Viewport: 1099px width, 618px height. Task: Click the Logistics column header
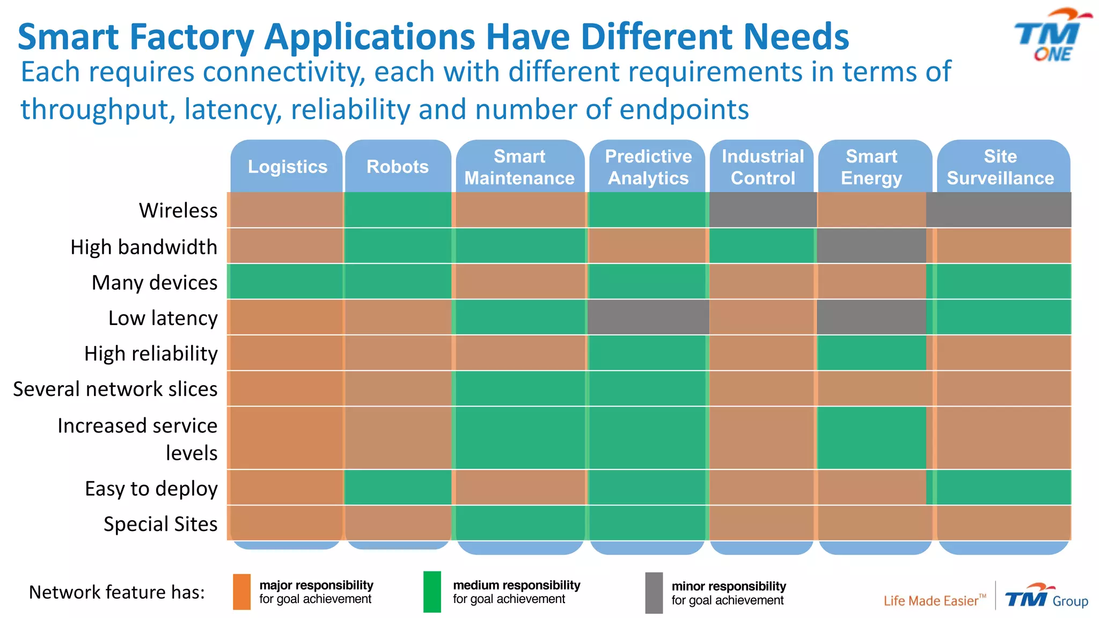pos(287,167)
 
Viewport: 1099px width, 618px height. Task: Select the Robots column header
pos(398,167)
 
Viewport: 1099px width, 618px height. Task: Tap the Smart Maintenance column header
pos(519,167)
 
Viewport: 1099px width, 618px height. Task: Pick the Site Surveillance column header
pos(1000,167)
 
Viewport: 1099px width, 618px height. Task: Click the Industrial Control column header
pos(763,167)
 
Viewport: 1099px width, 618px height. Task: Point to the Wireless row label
pos(178,210)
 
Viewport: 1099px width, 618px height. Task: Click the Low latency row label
pos(163,318)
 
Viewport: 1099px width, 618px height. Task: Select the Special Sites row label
pos(160,524)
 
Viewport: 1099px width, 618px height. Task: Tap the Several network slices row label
pos(115,389)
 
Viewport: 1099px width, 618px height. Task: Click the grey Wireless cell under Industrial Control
pos(763,210)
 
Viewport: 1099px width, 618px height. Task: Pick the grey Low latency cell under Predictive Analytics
pos(648,317)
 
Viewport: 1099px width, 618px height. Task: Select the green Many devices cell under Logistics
pos(285,281)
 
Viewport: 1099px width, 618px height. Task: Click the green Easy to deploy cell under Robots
pos(398,487)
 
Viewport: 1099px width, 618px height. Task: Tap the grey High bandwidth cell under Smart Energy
pos(871,246)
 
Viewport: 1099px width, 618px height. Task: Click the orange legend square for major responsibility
pos(241,592)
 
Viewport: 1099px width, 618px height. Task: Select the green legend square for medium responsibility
pos(432,592)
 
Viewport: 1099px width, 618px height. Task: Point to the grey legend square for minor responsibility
pos(654,593)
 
